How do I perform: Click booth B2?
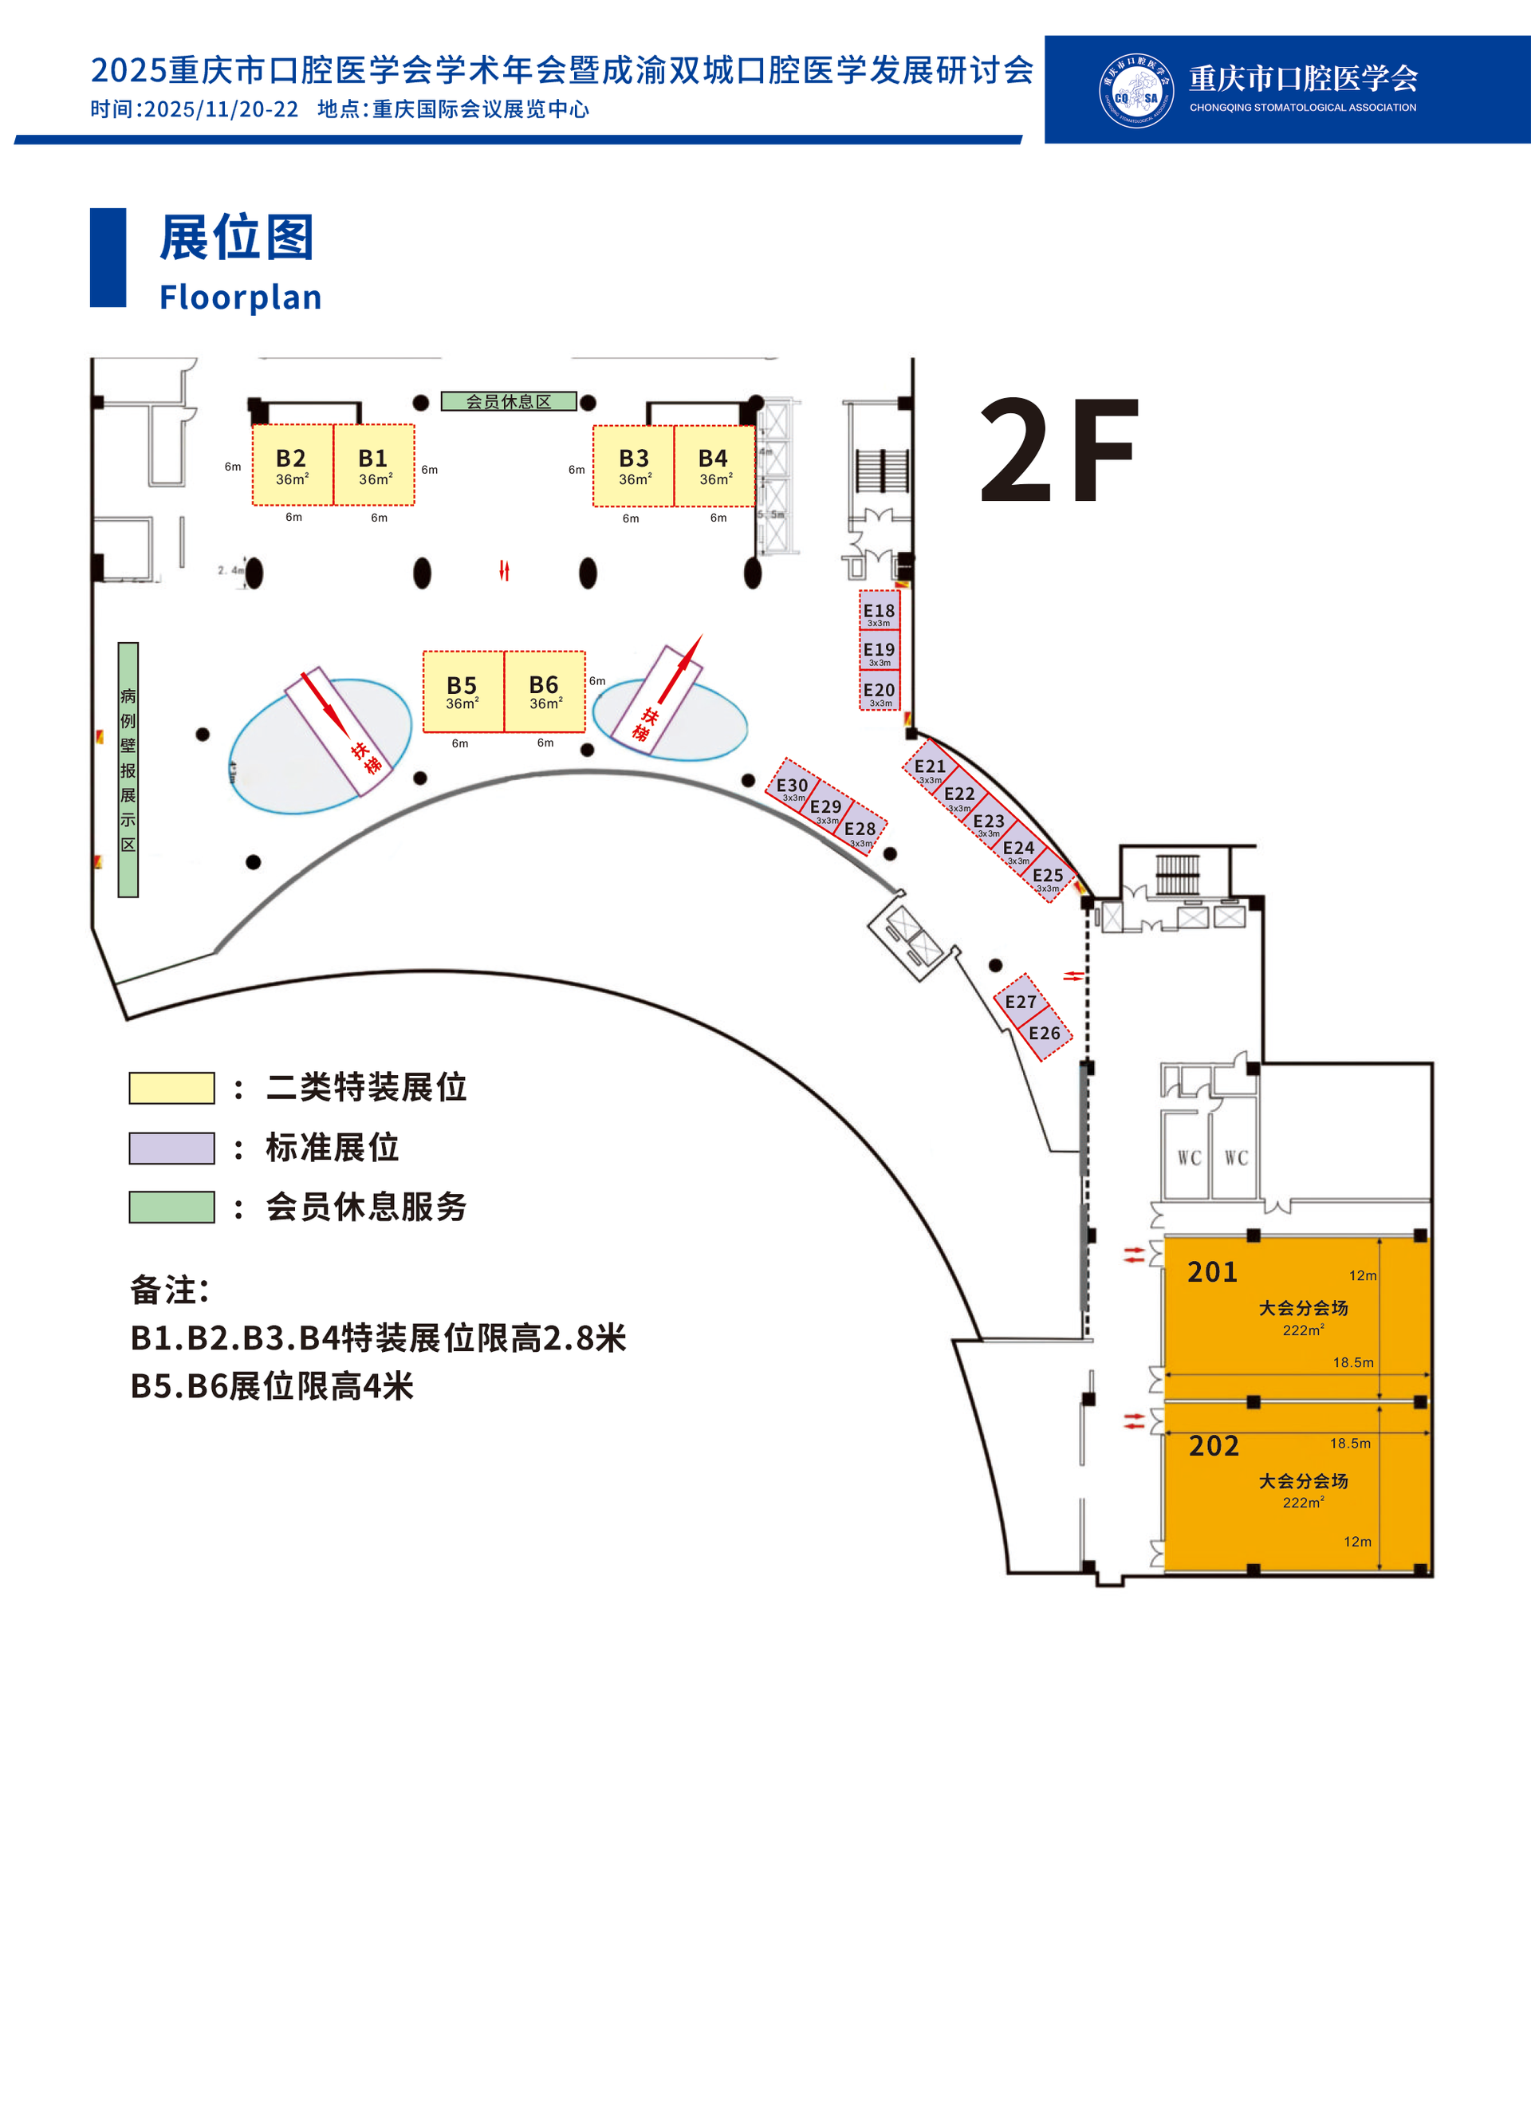pos(292,466)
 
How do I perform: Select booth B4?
pos(714,466)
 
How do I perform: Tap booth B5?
pos(462,692)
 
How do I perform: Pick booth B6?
pos(545,692)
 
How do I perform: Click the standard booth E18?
pos(879,611)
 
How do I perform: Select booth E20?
pos(879,692)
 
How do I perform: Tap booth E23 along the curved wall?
pos(989,823)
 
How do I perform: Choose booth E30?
pos(792,786)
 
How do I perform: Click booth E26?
pos(1045,1034)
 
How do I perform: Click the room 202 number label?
pos(1214,1446)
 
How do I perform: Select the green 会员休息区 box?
pos(509,402)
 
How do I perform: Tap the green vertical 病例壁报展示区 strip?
pos(128,770)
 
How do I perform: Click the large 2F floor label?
pos(1059,451)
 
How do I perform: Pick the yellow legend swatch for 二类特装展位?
pos(171,1088)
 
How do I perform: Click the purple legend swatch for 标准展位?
pos(171,1148)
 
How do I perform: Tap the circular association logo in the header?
pos(1135,90)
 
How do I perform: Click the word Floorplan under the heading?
pos(240,298)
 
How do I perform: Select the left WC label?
pos(1189,1158)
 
